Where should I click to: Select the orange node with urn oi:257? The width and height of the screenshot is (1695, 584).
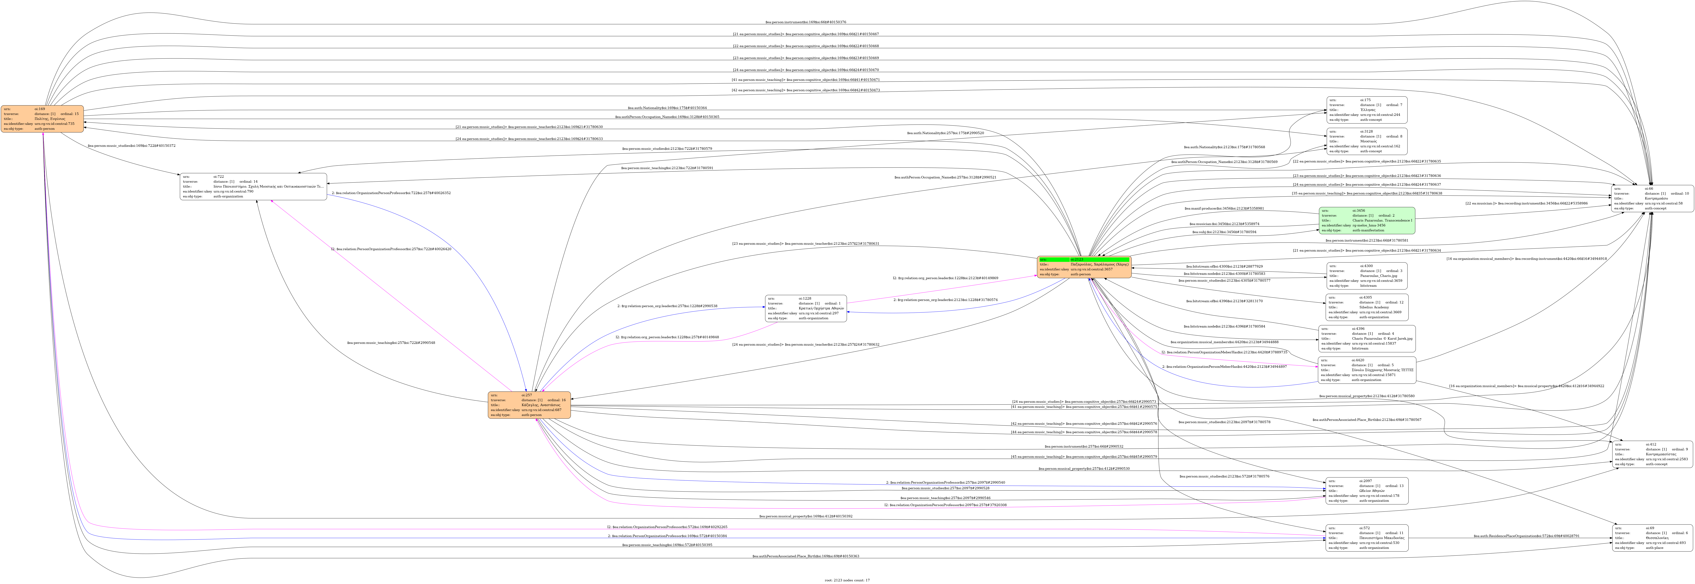click(x=529, y=405)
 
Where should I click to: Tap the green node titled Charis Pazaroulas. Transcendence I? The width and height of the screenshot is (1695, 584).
click(x=1366, y=221)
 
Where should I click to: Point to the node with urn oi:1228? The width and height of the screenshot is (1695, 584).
click(x=805, y=308)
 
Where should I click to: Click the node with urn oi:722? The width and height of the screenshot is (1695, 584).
click(x=253, y=186)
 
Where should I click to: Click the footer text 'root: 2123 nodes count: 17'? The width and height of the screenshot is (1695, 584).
click(x=847, y=580)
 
